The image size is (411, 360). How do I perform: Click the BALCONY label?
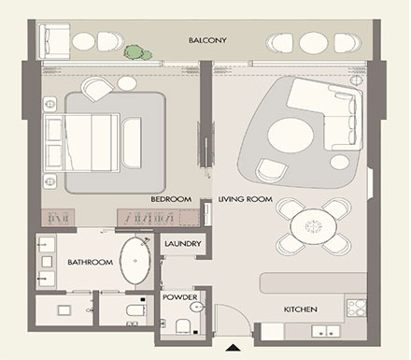point(207,41)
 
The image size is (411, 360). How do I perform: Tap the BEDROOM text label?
point(170,200)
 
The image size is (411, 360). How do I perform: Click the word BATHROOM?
point(90,263)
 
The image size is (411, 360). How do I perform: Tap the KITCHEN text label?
point(301,309)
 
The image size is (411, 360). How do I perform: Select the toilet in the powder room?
point(181,326)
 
